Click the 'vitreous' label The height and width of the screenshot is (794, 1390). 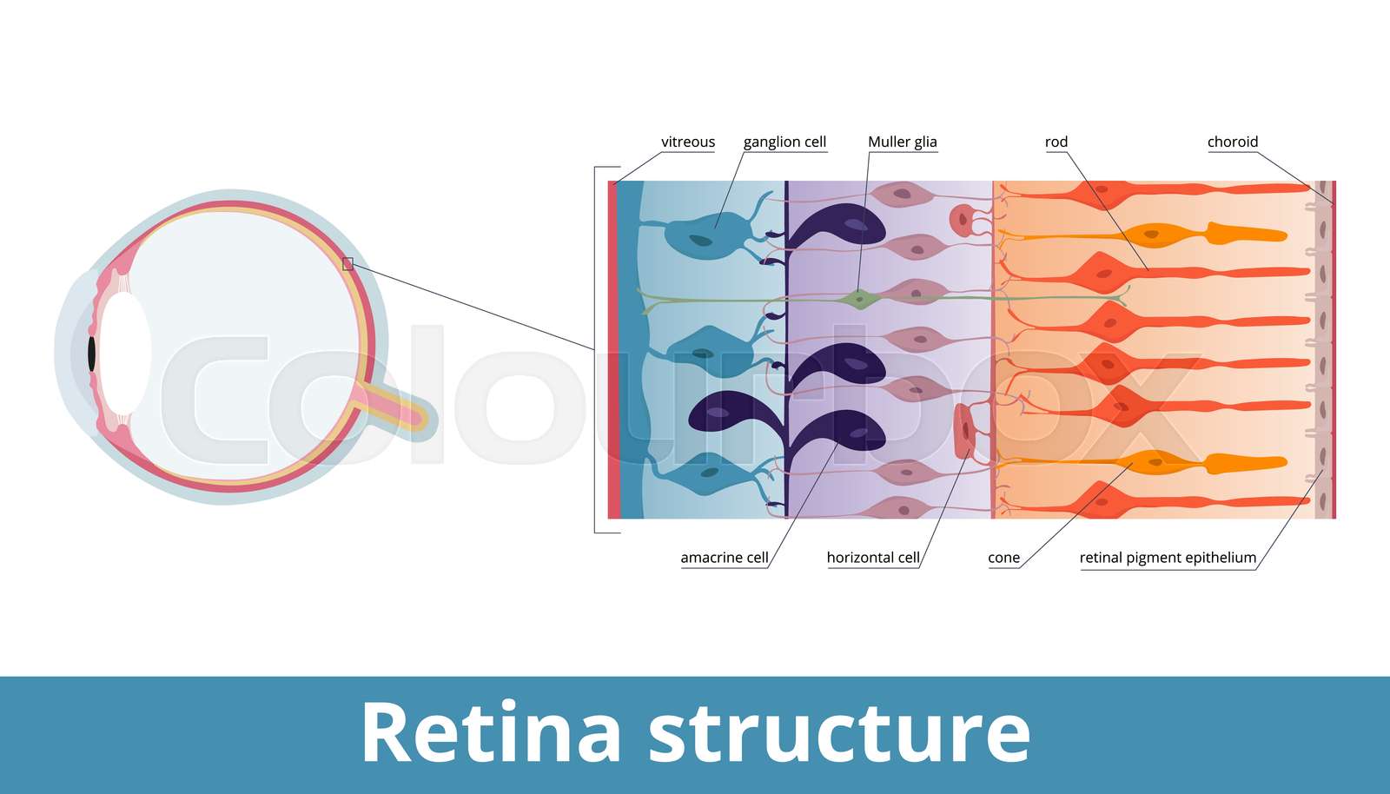click(x=687, y=142)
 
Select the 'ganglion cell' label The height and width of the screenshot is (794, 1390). click(x=784, y=142)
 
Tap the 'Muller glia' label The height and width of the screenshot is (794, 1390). click(x=902, y=142)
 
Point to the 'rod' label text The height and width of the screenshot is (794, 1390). click(x=1056, y=142)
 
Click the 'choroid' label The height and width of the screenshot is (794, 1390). click(x=1232, y=142)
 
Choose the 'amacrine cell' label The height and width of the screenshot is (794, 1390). click(x=724, y=558)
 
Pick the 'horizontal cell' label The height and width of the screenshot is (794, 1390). click(x=872, y=558)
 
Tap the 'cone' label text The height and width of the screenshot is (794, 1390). click(x=1003, y=558)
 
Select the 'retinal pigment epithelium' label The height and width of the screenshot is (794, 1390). click(x=1167, y=558)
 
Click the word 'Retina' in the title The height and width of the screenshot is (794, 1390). click(x=491, y=732)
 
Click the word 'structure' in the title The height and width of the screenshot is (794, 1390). click(x=839, y=732)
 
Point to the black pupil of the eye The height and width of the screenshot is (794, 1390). click(x=91, y=353)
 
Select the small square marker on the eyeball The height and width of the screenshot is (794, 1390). click(x=347, y=263)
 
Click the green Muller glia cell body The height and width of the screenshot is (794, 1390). click(x=860, y=300)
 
